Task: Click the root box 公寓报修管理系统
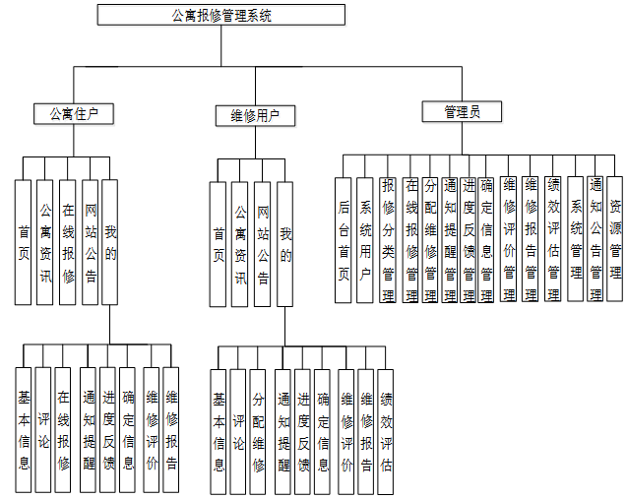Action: coord(221,15)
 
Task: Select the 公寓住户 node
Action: coord(73,114)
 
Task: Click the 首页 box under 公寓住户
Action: coord(24,241)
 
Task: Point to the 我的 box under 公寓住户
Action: coord(110,241)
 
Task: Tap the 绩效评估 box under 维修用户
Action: coord(386,431)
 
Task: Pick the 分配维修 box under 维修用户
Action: coord(258,431)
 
